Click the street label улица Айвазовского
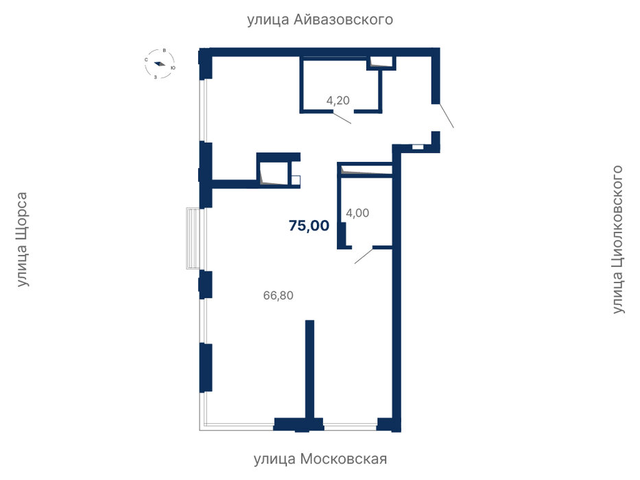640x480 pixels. tap(320, 19)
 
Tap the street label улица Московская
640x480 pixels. tap(320, 459)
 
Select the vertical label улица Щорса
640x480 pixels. tap(22, 239)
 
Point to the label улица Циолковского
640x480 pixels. tap(618, 239)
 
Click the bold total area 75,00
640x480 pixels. tap(309, 226)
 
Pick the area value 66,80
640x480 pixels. tap(278, 295)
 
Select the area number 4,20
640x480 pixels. tap(338, 100)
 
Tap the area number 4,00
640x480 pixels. tap(357, 213)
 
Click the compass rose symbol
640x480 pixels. tap(160, 64)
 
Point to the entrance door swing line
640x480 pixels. tap(446, 115)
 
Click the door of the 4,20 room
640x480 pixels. tap(342, 117)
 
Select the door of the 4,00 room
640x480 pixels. tap(364, 255)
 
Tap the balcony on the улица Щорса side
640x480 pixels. tap(193, 239)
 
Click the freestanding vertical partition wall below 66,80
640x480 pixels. tap(310, 370)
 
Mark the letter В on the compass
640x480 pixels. tap(164, 51)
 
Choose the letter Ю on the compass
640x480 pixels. tap(173, 68)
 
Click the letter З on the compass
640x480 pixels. tap(156, 77)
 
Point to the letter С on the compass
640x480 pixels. tap(146, 60)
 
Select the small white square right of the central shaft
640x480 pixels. tap(296, 180)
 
